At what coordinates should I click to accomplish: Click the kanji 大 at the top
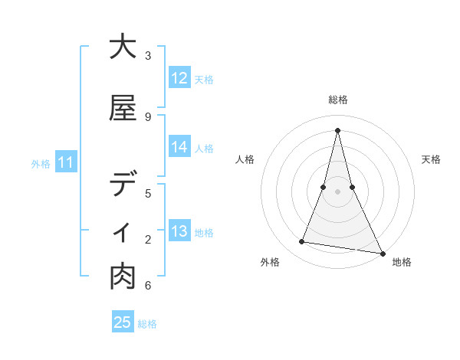tap(123, 47)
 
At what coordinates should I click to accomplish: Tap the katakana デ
tap(123, 185)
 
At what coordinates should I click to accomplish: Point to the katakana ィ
tap(123, 231)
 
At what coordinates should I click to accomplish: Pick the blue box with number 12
tap(179, 78)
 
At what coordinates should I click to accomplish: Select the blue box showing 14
tap(179, 147)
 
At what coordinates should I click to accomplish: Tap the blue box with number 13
tap(179, 231)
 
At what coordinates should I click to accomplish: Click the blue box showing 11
tap(65, 162)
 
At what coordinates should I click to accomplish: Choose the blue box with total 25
tap(123, 322)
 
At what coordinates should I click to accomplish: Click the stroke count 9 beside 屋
tap(148, 116)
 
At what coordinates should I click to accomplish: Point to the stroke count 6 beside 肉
tap(148, 286)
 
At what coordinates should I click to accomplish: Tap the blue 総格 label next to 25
tap(147, 324)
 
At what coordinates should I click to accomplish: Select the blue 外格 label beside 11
tap(41, 163)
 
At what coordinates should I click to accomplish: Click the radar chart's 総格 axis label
tap(337, 100)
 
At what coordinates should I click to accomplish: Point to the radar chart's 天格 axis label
tap(432, 159)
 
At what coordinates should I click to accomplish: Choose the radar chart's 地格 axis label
tap(402, 262)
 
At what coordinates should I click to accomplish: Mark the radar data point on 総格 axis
tap(337, 130)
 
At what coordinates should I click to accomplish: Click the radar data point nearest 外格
tap(302, 242)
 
